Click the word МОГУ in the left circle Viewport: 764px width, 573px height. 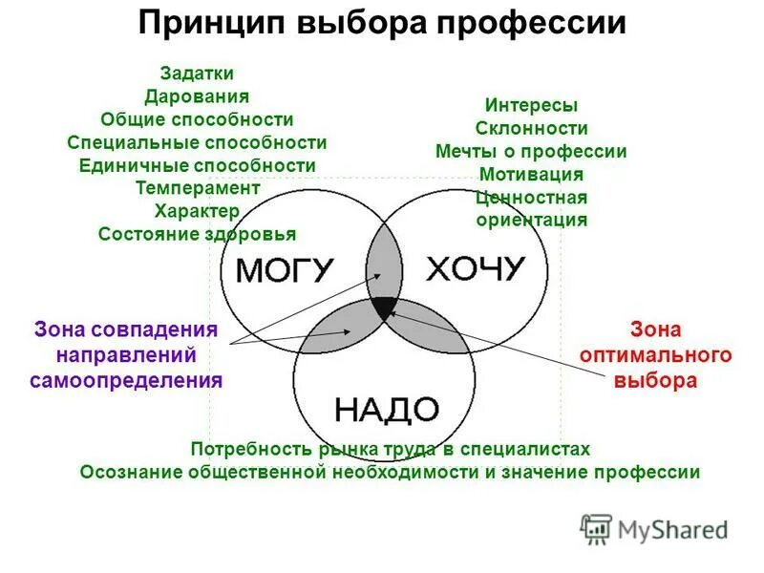click(x=284, y=270)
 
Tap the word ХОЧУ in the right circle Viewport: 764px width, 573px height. click(x=475, y=268)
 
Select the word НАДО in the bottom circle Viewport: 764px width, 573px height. click(x=386, y=410)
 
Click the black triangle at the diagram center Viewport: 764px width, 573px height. click(x=384, y=308)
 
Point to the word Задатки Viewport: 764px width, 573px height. click(x=197, y=74)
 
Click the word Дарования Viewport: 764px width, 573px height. click(x=197, y=96)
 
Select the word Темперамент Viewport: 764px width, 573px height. click(x=197, y=188)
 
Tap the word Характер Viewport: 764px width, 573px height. click(x=197, y=211)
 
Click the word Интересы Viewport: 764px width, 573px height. click(x=531, y=106)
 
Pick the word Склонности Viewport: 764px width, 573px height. click(x=531, y=129)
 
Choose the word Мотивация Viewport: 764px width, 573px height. click(x=531, y=175)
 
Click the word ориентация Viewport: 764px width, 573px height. click(x=531, y=220)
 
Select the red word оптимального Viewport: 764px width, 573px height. click(x=655, y=355)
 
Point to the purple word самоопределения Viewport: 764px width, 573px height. click(x=126, y=380)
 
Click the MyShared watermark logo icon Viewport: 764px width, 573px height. click(x=596, y=528)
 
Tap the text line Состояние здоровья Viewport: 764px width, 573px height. click(x=197, y=234)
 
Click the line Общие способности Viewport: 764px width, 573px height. click(x=197, y=119)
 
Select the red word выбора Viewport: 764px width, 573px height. click(x=655, y=380)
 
